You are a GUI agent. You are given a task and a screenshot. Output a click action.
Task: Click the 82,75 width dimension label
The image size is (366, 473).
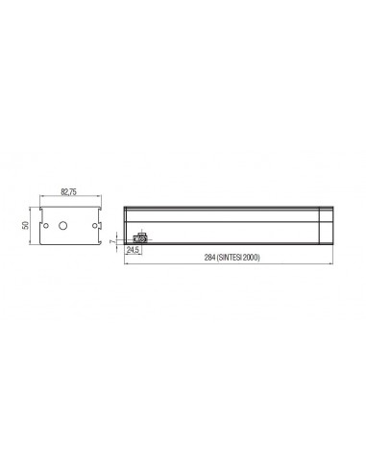(69, 192)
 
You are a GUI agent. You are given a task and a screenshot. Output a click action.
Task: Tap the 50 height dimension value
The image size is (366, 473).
(26, 225)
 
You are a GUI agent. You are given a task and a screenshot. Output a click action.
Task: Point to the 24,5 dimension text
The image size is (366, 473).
(133, 251)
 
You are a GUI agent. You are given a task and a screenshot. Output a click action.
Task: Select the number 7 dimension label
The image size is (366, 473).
(112, 241)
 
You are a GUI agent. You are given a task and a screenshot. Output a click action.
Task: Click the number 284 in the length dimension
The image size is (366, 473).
(209, 258)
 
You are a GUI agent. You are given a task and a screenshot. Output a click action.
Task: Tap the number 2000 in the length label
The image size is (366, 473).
(251, 258)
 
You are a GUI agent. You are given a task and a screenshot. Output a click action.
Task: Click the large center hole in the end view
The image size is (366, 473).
(63, 226)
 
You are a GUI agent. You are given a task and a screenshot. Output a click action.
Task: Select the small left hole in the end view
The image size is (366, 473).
(46, 226)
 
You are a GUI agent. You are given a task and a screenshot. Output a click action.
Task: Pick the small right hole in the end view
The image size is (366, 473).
(94, 226)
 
